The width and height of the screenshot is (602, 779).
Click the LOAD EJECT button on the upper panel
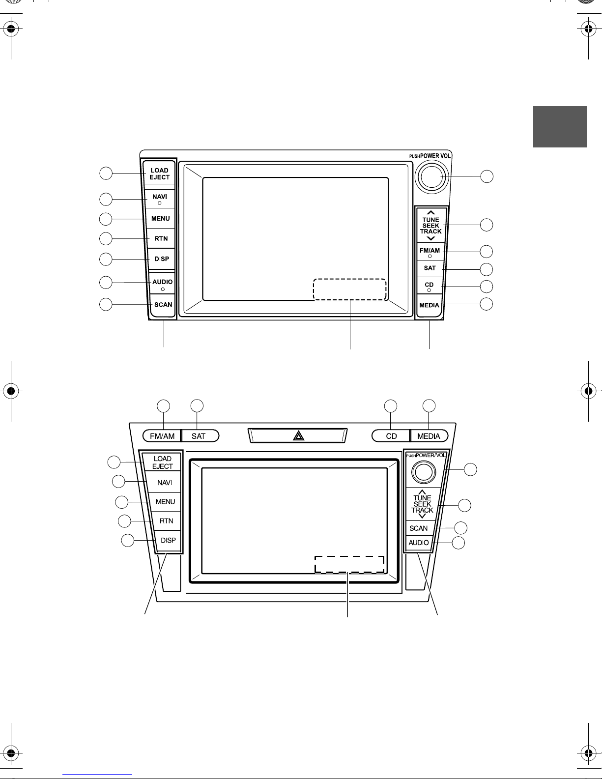159,173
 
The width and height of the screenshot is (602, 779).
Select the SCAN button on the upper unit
163,305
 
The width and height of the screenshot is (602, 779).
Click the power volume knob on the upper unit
431,177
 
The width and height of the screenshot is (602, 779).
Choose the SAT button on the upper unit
430,268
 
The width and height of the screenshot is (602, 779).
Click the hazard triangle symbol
298,435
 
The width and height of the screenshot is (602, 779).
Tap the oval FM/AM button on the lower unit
162,436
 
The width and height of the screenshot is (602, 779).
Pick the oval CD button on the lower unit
391,436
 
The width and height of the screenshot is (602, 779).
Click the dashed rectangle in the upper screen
350,289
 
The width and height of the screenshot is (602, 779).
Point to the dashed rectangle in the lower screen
349,564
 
